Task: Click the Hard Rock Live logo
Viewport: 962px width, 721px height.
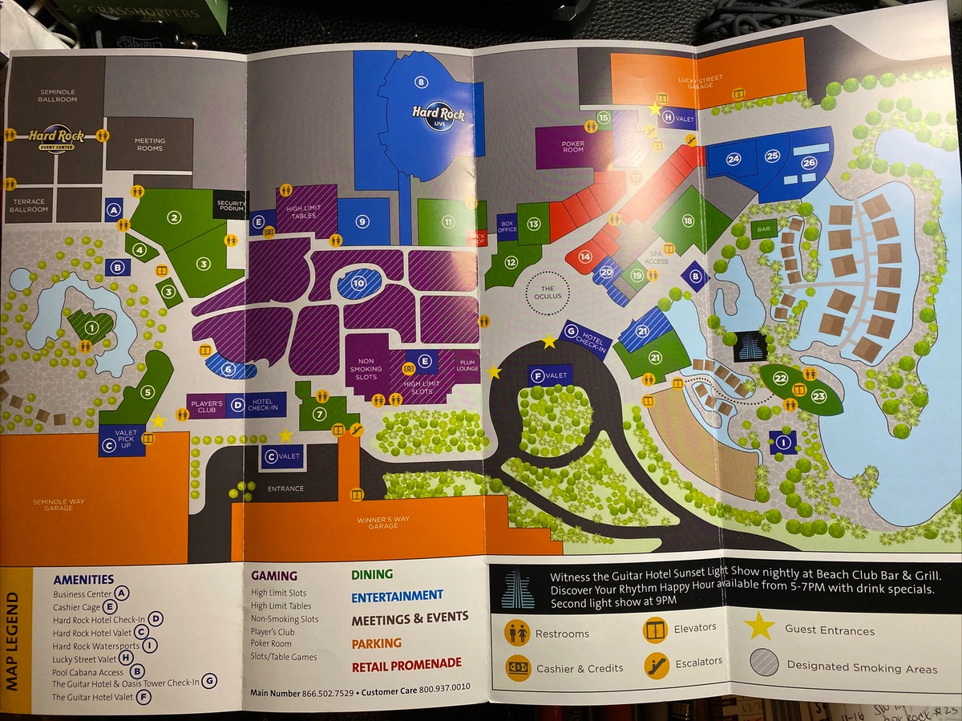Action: tap(439, 116)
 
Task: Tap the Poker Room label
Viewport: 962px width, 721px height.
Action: tap(572, 145)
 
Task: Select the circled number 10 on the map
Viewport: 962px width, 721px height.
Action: tap(358, 282)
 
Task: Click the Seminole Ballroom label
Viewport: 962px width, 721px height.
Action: tap(59, 95)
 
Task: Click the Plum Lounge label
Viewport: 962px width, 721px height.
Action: tap(467, 366)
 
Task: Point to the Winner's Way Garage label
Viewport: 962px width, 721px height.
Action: tap(382, 522)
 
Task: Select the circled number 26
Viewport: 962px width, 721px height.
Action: tap(808, 161)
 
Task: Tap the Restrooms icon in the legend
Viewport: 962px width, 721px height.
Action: tap(517, 633)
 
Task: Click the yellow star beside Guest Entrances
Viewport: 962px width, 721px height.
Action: tap(758, 626)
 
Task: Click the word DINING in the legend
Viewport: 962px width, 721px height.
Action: tap(372, 574)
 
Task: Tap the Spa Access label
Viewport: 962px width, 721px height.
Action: tap(657, 257)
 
